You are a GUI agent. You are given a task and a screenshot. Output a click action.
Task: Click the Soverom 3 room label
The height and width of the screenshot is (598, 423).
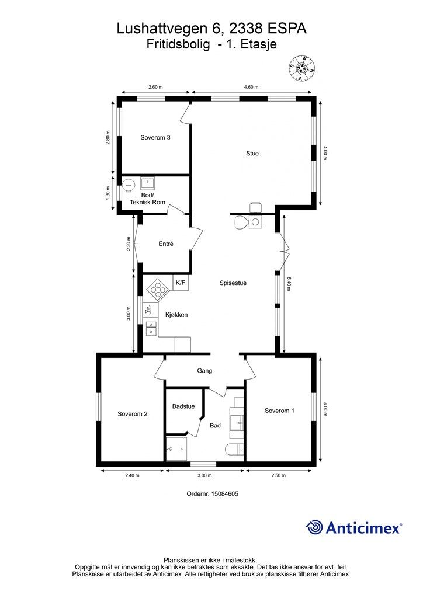click(155, 138)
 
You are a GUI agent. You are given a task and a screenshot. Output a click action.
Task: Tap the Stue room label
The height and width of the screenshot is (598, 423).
click(252, 154)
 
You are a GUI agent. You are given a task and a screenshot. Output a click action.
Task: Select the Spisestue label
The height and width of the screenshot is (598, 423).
click(233, 283)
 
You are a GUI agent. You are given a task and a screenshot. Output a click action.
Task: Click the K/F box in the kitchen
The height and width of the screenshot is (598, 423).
click(181, 283)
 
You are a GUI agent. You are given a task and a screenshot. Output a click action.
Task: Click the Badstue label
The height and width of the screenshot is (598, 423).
click(183, 406)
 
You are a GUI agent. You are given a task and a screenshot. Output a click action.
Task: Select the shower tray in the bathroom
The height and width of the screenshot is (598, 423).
click(176, 449)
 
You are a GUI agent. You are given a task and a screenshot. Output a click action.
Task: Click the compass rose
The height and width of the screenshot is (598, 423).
click(301, 68)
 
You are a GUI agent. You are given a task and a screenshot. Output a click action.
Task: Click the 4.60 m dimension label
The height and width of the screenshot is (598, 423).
click(251, 87)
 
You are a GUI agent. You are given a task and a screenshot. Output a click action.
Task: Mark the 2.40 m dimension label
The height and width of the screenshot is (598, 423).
click(133, 475)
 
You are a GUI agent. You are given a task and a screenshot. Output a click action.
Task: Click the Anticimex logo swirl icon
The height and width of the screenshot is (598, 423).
click(314, 528)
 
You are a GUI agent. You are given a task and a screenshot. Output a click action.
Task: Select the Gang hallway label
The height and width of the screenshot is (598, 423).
click(204, 371)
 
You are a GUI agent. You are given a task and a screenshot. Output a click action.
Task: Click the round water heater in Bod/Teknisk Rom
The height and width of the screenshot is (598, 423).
click(128, 185)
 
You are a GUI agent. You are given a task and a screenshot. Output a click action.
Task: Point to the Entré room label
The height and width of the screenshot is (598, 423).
click(166, 244)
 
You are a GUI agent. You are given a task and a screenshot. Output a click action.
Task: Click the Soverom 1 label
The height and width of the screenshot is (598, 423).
click(280, 411)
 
